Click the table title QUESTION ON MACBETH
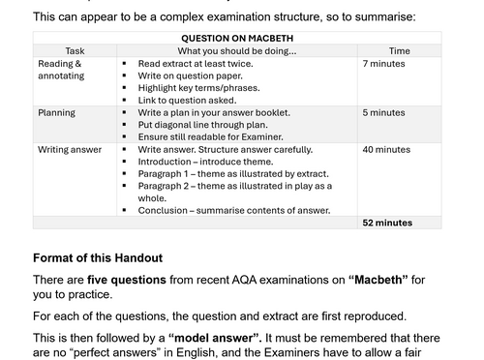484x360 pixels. pyautogui.click(x=236, y=38)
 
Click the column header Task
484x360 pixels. pyautogui.click(x=75, y=50)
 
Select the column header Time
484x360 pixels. pyautogui.click(x=399, y=50)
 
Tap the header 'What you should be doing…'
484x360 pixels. pyautogui.click(x=236, y=50)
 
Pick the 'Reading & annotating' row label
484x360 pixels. pyautogui.click(x=61, y=70)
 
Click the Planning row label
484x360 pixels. pyautogui.click(x=56, y=113)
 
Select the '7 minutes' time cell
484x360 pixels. pyautogui.click(x=384, y=63)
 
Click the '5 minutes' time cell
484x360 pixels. pyautogui.click(x=384, y=113)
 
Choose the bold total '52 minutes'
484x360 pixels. pyautogui.click(x=387, y=223)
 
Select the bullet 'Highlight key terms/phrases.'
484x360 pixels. pyautogui.click(x=197, y=88)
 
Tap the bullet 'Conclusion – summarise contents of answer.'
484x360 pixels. pyautogui.click(x=234, y=210)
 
